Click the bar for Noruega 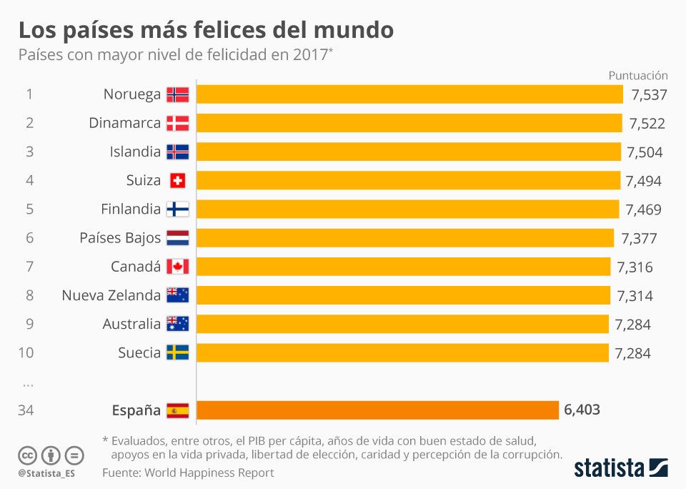pyautogui.click(x=409, y=94)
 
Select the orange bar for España pyautogui.click(x=377, y=410)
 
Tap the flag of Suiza pyautogui.click(x=177, y=181)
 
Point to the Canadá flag pyautogui.click(x=177, y=267)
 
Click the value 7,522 pyautogui.click(x=647, y=124)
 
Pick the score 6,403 pyautogui.click(x=582, y=410)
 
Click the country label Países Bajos pyautogui.click(x=120, y=238)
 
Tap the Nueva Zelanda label pyautogui.click(x=111, y=295)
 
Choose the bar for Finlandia pyautogui.click(x=407, y=209)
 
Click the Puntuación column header pyautogui.click(x=637, y=75)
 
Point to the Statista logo pyautogui.click(x=621, y=468)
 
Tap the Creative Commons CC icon pyautogui.click(x=28, y=455)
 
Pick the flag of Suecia pyautogui.click(x=177, y=352)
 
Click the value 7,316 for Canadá pyautogui.click(x=635, y=267)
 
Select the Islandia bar pyautogui.click(x=408, y=152)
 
